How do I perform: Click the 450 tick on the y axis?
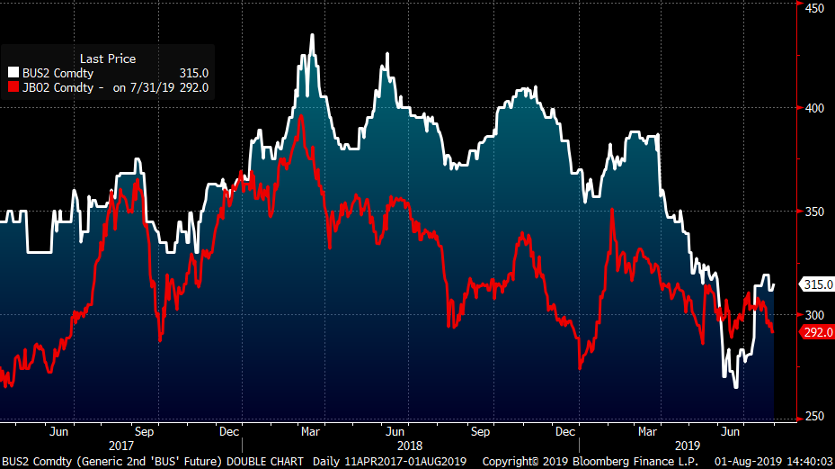tap(813, 7)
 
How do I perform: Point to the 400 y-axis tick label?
tap(813, 108)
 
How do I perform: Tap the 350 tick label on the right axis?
tap(813, 212)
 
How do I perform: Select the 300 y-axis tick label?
tap(813, 315)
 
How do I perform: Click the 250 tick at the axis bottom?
tap(813, 416)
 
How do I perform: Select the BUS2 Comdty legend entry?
tap(57, 73)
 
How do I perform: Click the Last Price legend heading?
tap(108, 59)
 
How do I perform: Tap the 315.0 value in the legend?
tap(194, 73)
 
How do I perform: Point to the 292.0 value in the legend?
tap(194, 87)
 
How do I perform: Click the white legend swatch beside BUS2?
tap(13, 73)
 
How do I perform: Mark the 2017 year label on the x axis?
tap(120, 446)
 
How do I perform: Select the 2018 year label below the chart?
tap(409, 446)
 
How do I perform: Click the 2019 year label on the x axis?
tap(687, 446)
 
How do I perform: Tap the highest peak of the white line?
tap(312, 35)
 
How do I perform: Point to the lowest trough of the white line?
tap(736, 387)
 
